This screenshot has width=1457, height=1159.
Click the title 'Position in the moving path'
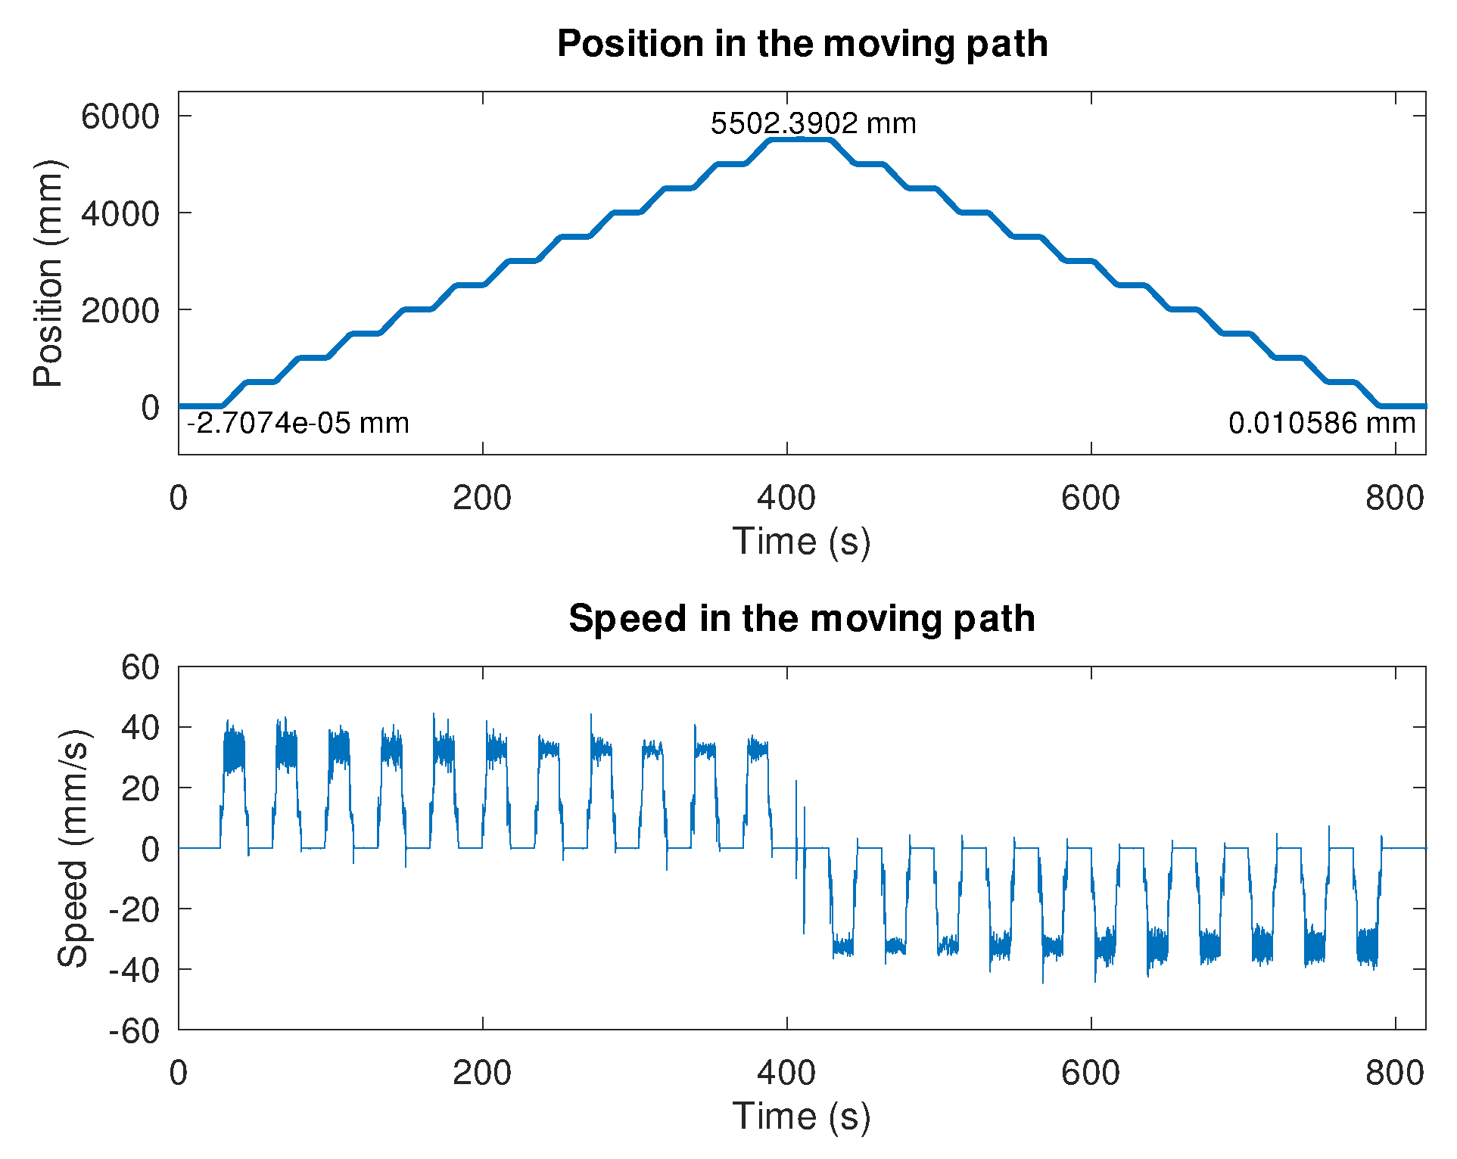802,44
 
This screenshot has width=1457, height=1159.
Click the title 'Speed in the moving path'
802,619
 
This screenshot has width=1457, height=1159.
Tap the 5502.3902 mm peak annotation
813,123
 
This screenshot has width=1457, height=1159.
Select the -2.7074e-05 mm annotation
298,423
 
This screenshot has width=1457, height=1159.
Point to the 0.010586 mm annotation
1322,423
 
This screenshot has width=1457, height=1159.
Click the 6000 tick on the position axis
120,117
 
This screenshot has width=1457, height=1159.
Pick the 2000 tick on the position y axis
120,310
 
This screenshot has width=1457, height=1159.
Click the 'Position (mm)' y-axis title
48,273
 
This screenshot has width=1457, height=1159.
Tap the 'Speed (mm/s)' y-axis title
73,848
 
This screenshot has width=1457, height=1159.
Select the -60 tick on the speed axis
134,1030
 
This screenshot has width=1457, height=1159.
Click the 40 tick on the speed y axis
141,728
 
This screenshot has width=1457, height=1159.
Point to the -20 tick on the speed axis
134,909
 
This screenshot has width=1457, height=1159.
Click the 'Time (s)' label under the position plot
802,542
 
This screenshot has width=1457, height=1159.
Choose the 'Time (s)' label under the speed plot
802,1117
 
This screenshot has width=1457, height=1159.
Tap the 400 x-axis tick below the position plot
786,499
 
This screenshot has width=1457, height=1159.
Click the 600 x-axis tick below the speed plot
1091,1074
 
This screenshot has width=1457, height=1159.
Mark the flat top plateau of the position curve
800,140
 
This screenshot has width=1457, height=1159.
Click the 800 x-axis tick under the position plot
1395,499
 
